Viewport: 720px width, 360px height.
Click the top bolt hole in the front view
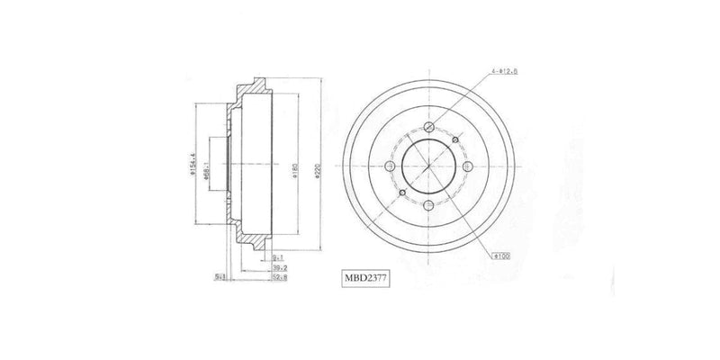click(x=429, y=125)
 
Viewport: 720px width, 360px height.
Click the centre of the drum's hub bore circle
click(x=429, y=168)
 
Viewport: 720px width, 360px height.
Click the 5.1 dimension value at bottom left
click(x=219, y=277)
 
